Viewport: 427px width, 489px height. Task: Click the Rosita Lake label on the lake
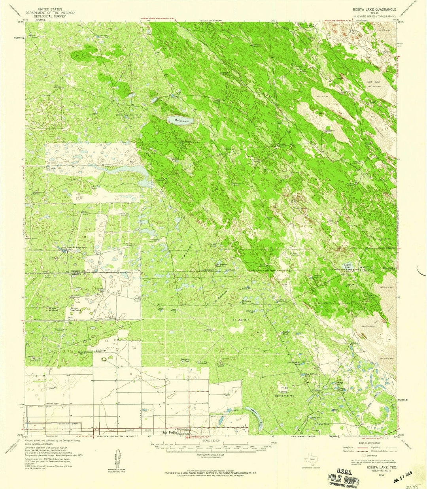point(178,120)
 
